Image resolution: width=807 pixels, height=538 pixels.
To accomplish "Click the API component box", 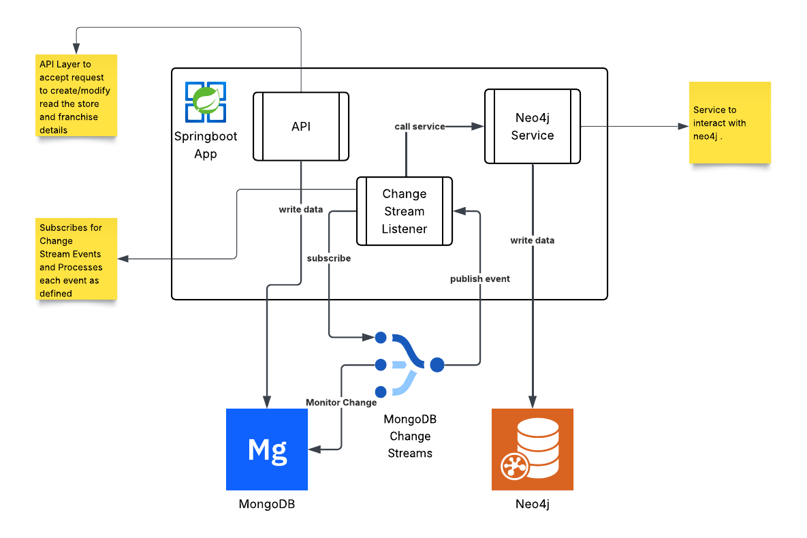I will point(301,127).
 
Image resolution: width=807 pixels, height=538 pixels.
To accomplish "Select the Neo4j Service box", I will point(532,127).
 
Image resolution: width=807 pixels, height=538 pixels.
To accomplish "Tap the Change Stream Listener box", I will point(404,211).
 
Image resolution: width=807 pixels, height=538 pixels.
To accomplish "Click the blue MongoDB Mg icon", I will point(267,449).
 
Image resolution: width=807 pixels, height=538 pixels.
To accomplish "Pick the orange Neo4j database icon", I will point(532,449).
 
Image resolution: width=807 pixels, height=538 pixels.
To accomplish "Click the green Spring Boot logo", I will point(206,101).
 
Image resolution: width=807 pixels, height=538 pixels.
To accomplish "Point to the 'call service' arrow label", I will point(420,127).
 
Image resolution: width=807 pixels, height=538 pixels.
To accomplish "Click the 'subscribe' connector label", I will point(329,259).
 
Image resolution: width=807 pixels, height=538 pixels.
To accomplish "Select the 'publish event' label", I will point(480,279).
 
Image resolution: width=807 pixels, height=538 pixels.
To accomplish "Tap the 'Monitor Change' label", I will point(341,402).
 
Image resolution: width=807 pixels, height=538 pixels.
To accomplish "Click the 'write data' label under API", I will point(301,210).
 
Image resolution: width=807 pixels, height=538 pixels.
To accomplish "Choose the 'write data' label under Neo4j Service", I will point(532,240).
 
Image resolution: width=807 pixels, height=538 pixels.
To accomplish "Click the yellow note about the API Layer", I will point(76,95).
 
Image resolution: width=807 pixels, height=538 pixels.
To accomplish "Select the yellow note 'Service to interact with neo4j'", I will point(729,123).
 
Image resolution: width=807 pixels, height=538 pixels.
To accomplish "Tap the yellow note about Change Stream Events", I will point(76,259).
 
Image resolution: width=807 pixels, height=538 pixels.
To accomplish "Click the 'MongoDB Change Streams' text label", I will point(409,436).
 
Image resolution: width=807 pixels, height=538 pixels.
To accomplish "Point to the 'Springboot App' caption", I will point(206,145).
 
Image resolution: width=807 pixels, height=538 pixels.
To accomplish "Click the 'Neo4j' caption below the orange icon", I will point(532,505).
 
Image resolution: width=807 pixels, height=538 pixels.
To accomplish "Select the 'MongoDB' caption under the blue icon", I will point(267,505).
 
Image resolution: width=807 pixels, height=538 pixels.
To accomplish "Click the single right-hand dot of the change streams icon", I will point(437,364).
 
